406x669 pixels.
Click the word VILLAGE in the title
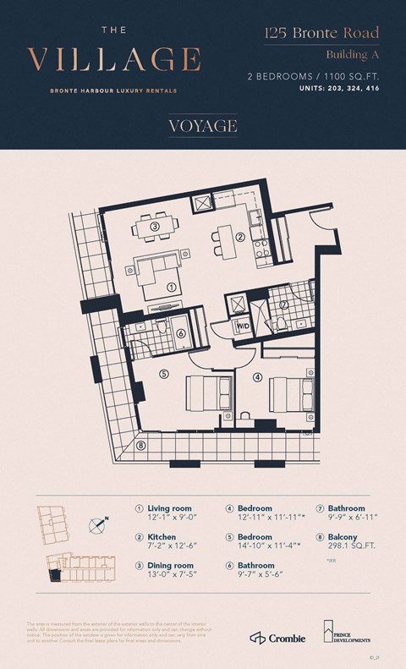pyautogui.click(x=114, y=59)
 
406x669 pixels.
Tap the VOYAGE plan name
pyautogui.click(x=203, y=125)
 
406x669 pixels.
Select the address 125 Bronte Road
pyautogui.click(x=321, y=35)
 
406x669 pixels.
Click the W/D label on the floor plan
pyautogui.click(x=241, y=325)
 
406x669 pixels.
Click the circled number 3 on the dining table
pyautogui.click(x=155, y=227)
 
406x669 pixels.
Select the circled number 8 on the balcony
pyautogui.click(x=140, y=446)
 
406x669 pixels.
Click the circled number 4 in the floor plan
pyautogui.click(x=258, y=377)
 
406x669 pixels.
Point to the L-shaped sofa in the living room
pyautogui.click(x=152, y=272)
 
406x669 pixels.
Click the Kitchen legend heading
pyautogui.click(x=162, y=537)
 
